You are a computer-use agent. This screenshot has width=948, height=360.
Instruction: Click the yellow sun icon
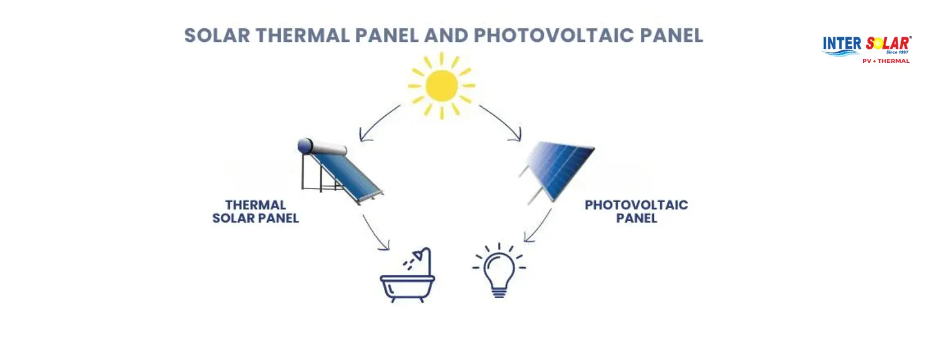click(442, 85)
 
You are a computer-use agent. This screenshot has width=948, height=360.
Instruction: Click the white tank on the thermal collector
click(323, 147)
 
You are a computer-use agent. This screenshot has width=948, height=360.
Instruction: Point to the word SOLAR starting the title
click(217, 35)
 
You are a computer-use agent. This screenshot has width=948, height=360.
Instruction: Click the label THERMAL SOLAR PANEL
click(256, 212)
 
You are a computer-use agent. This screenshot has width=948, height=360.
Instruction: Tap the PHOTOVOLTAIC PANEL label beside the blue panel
click(636, 212)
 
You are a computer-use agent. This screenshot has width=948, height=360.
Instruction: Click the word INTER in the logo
click(842, 44)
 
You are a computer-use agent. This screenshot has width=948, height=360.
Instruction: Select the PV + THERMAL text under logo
click(886, 61)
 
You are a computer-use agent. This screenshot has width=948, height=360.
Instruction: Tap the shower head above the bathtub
click(424, 254)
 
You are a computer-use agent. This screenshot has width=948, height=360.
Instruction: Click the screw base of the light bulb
click(499, 292)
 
